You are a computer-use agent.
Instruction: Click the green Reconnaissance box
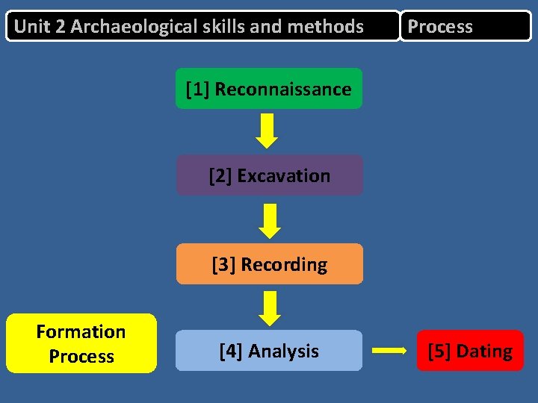269,89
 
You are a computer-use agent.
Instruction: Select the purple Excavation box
269,175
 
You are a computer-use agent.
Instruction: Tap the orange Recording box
269,264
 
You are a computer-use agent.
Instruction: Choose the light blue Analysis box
269,351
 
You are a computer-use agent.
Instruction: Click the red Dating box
470,351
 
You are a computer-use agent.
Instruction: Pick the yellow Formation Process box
81,343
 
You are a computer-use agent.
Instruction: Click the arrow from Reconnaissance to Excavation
267,131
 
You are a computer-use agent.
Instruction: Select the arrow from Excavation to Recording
269,220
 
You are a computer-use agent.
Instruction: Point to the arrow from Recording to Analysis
269,307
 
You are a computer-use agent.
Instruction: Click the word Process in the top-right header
440,27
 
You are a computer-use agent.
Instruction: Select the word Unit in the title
31,27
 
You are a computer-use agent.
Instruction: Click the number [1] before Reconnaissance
197,90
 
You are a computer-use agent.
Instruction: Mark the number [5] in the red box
439,352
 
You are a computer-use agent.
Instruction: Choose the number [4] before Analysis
231,352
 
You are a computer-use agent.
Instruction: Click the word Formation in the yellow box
81,331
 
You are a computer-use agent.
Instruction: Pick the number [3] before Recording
223,265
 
